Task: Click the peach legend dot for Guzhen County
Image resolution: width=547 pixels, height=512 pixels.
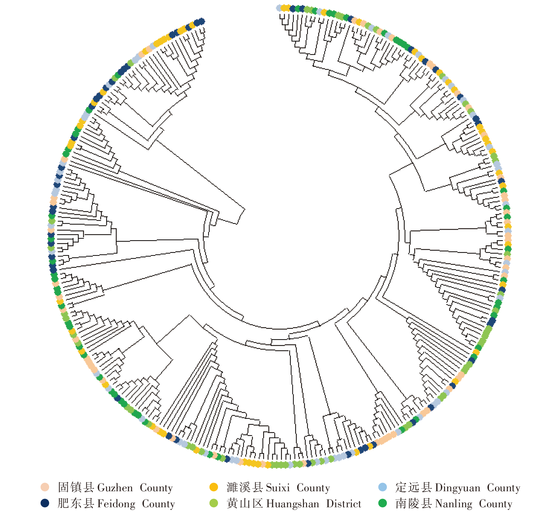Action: pos(45,487)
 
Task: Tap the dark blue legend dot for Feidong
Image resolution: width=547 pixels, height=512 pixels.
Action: pos(45,503)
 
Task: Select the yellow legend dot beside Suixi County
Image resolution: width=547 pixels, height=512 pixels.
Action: pos(214,487)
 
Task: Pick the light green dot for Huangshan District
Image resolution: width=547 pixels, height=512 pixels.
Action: pos(214,503)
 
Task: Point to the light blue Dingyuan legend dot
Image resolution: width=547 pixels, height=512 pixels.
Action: pos(382,487)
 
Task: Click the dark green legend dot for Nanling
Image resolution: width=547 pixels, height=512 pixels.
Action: pos(382,503)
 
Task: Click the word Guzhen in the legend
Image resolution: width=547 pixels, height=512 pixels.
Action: pos(115,488)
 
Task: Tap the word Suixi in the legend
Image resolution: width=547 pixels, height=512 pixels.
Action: pos(278,488)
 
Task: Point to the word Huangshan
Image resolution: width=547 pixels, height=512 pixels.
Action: pos(293,504)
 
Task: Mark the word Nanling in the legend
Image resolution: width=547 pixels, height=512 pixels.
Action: pos(453,504)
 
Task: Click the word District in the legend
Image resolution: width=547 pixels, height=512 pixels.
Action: pos(344,504)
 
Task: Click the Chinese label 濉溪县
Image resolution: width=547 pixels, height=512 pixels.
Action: pos(245,487)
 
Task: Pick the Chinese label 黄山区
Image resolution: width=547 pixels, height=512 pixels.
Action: pos(245,504)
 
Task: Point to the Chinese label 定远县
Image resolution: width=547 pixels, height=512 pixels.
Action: pos(413,487)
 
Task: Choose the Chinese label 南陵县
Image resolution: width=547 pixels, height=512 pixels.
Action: pos(413,504)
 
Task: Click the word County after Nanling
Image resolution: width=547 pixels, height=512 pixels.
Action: pos(495,504)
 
